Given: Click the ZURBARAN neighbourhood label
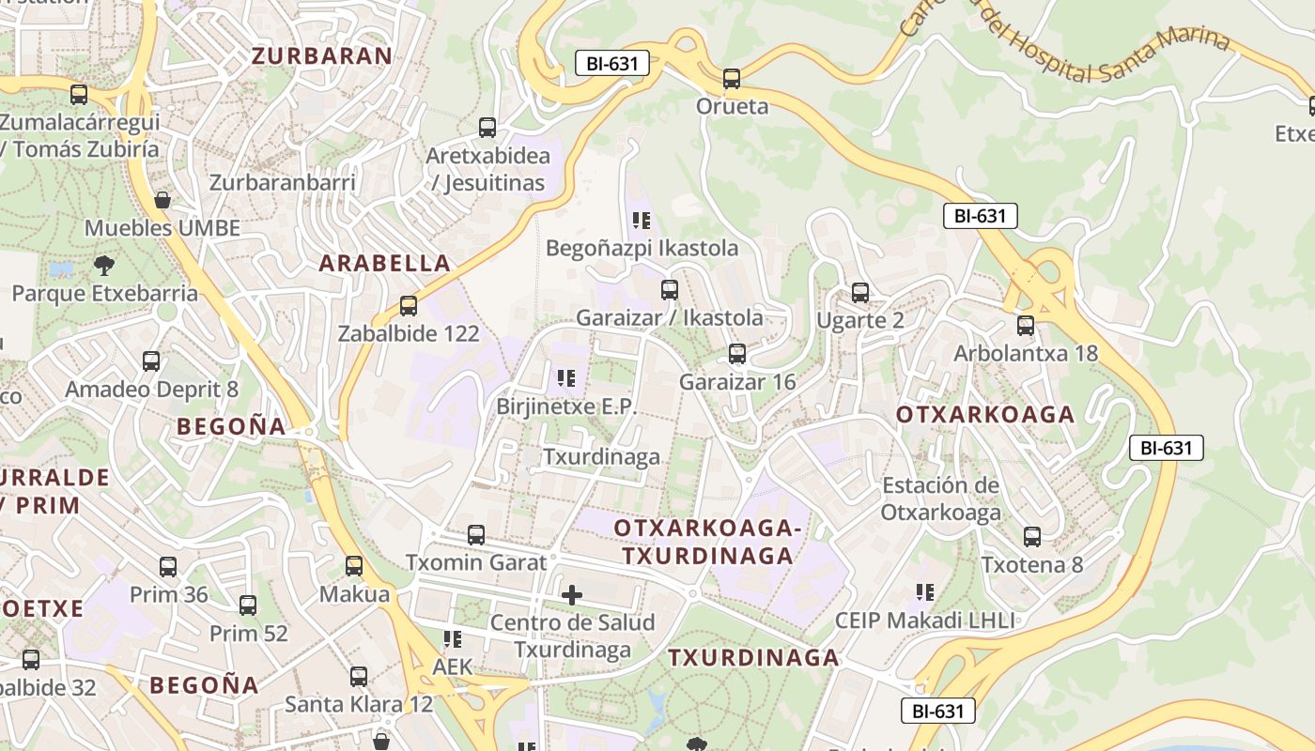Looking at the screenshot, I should tap(321, 55).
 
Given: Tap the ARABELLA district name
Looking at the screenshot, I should tap(385, 263).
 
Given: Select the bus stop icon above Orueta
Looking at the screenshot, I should tap(732, 79).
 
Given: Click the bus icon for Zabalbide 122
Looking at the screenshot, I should tap(408, 306).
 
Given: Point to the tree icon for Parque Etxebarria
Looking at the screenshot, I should tap(104, 265).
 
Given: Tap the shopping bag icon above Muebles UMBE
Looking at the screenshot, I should tap(162, 200).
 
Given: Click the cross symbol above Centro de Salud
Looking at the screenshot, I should tap(571, 594).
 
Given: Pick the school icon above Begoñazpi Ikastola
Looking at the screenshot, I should tap(642, 221).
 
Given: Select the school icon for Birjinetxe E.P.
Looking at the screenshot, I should tap(565, 378).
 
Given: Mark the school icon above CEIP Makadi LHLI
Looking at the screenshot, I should tap(925, 592).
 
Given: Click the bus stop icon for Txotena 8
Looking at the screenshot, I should tap(1032, 537).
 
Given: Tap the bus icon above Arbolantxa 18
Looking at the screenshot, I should tap(1026, 326).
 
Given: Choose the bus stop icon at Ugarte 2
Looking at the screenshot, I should tap(859, 293).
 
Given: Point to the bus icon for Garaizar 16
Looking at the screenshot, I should tap(737, 354).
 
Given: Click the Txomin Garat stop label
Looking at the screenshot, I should tap(475, 562).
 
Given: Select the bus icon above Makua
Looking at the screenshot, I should tap(354, 566).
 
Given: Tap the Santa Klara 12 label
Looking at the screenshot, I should tap(359, 703).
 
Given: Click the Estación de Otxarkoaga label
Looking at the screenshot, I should tap(940, 498).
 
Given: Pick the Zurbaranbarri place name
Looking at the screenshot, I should tap(283, 182).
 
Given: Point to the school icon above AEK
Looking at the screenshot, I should tap(453, 639).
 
